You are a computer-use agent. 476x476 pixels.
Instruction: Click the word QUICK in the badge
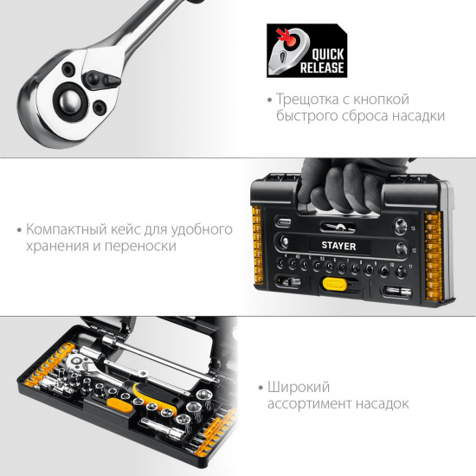point(328,55)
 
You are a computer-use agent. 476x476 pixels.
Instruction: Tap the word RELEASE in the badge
point(322,68)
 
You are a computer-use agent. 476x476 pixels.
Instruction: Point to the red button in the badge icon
point(291,41)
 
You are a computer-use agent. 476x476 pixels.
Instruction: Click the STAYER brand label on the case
point(338,246)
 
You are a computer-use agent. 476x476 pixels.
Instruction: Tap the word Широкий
point(299,388)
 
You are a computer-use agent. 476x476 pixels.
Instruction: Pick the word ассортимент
point(309,404)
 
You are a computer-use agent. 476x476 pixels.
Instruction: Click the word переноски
point(140,246)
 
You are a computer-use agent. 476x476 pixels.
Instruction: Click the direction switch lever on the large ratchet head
point(100,80)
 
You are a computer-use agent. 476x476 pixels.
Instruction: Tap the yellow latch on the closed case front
point(335,285)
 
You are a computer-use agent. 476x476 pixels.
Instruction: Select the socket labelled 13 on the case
point(401,226)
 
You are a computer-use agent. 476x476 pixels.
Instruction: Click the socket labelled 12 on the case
point(402,248)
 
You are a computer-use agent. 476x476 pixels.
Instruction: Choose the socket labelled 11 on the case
point(402,271)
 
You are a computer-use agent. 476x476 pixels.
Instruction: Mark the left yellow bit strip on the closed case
point(257,245)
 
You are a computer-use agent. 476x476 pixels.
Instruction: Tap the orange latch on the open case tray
point(119,405)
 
